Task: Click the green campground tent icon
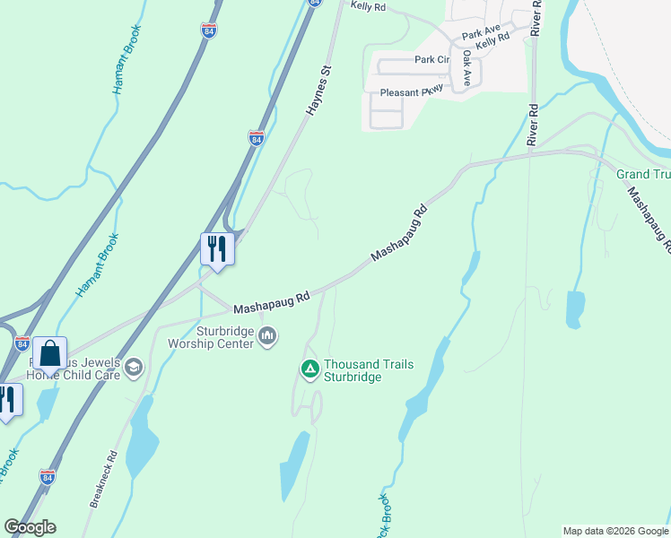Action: (x=309, y=369)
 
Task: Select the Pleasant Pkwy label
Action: (x=414, y=92)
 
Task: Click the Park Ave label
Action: (x=481, y=32)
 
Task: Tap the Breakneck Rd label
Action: (x=103, y=480)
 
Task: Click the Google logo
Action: (x=30, y=527)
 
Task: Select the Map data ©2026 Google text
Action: (x=614, y=531)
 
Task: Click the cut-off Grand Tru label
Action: (x=642, y=173)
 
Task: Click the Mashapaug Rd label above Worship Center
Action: (x=271, y=301)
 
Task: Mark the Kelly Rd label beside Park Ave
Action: (x=492, y=40)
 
